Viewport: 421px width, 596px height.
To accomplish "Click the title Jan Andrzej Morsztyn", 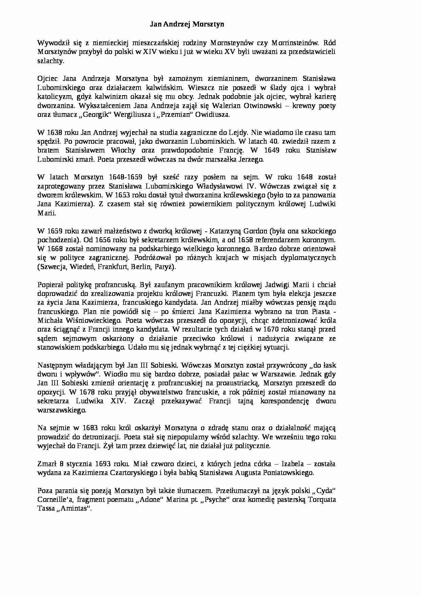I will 187,24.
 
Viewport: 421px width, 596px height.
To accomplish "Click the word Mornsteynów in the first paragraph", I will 232,43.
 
